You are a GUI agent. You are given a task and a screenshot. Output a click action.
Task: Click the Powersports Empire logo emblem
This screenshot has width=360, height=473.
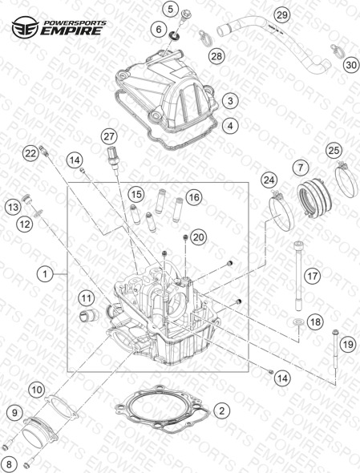point(25,27)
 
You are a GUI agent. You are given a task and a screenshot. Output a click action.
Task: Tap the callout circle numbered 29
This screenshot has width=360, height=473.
point(282,14)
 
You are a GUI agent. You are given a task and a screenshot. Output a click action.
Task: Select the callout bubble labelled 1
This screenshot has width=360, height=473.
point(45,274)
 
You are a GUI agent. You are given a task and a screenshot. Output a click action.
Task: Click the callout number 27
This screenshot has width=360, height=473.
point(109,136)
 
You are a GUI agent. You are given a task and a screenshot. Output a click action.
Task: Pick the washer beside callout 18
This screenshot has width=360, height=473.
point(297,321)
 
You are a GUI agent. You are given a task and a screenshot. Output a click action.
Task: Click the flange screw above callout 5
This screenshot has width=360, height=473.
point(184,16)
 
